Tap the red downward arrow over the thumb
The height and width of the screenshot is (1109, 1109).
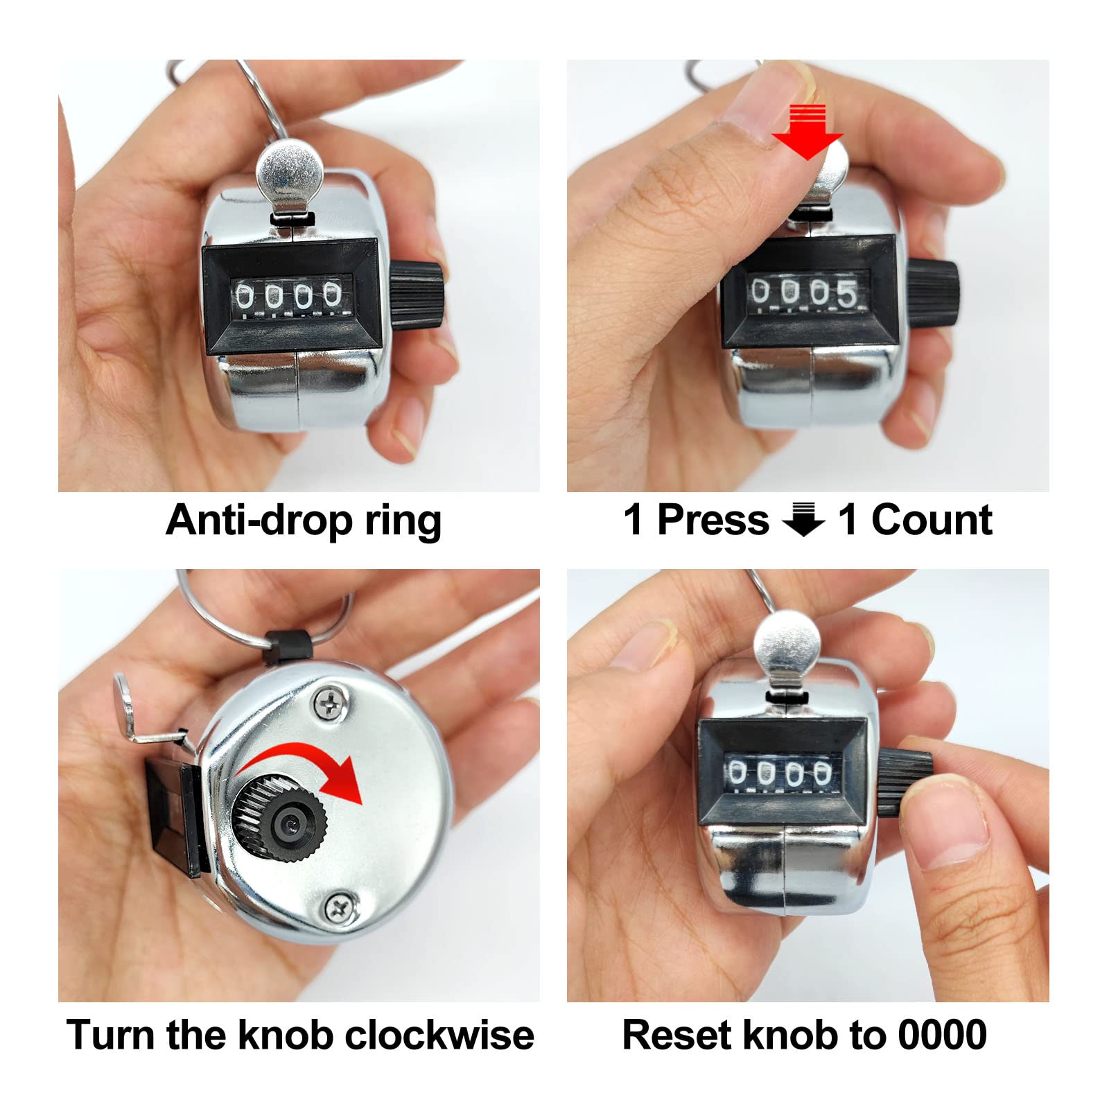[807, 132]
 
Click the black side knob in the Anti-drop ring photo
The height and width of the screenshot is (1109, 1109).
[417, 295]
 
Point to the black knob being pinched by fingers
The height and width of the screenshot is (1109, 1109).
[905, 783]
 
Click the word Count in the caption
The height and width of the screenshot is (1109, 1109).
[932, 520]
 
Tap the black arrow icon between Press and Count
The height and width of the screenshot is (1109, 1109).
[803, 520]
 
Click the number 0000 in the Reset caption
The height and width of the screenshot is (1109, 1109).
[943, 1036]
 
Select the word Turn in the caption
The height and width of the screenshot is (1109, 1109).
[111, 1036]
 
